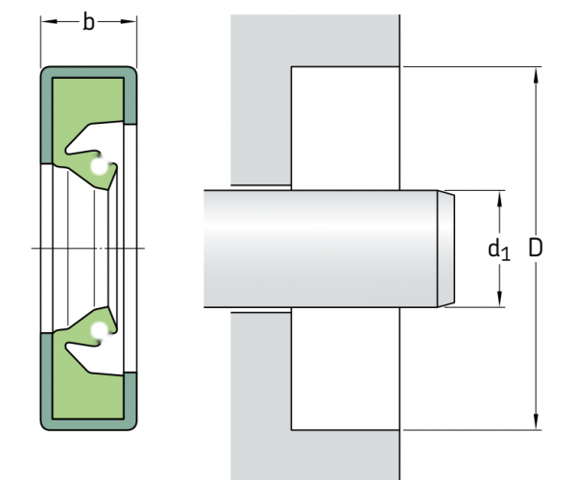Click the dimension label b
88,22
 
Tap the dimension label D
536,248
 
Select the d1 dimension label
499,250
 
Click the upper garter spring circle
99,166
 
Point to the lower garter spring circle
99,330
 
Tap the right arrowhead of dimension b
129,22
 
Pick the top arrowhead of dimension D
536,75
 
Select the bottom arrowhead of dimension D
536,420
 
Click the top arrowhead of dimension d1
499,199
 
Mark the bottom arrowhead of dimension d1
499,299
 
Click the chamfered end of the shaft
446,249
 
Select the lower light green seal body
87,390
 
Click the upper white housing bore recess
346,129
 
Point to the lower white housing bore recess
346,369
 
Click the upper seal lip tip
108,190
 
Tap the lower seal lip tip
108,307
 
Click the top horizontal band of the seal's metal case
88,72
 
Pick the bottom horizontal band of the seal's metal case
88,424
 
